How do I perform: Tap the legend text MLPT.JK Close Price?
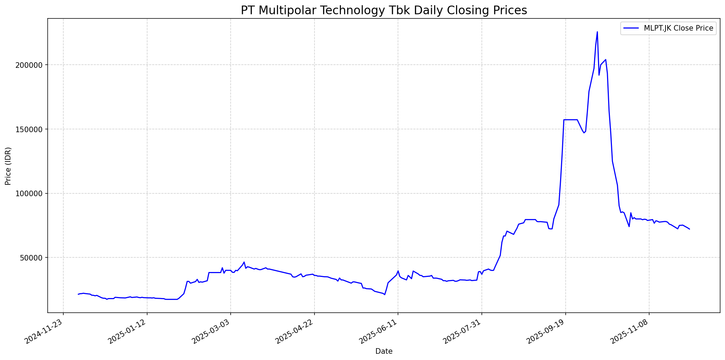click(678, 28)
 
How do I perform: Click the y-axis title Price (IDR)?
click(8, 166)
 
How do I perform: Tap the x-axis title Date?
click(384, 352)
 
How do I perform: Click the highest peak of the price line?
click(597, 32)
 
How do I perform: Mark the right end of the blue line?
click(690, 229)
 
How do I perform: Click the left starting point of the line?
click(78, 294)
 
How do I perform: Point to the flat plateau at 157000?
click(571, 120)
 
